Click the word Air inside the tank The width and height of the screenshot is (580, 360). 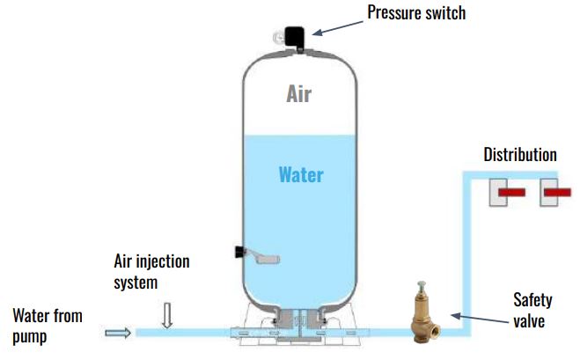coord(299,94)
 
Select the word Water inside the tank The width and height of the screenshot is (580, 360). coord(300,174)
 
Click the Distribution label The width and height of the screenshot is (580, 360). coord(520,155)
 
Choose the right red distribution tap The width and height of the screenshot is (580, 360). coord(559,191)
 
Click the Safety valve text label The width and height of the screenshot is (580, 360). coord(532,311)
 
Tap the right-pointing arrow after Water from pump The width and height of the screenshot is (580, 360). coord(118,333)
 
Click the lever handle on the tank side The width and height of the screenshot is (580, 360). coord(262,258)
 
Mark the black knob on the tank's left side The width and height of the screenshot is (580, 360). coord(239,253)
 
